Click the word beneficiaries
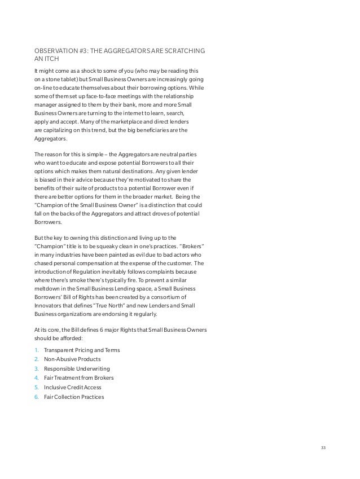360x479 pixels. tap(159, 130)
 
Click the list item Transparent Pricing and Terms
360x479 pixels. tap(81, 350)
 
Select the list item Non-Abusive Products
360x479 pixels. tap(73, 359)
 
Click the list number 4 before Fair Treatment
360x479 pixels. tap(37, 377)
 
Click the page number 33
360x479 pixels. tap(323, 448)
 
